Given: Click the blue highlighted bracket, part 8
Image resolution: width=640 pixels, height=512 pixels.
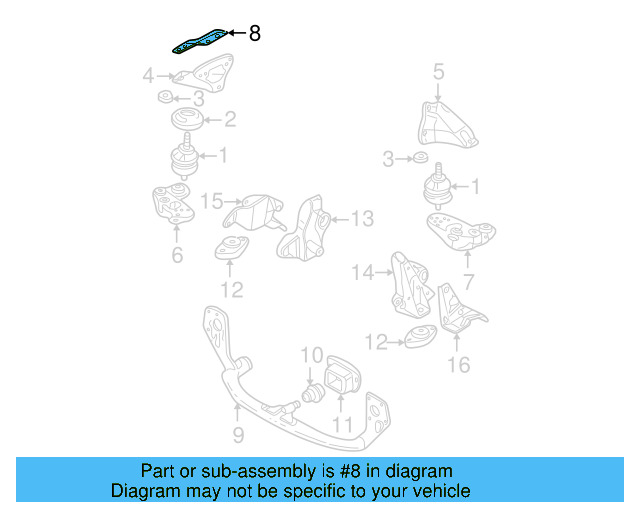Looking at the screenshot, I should point(197,41).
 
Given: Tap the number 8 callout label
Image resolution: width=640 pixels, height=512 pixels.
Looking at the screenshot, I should point(254,34).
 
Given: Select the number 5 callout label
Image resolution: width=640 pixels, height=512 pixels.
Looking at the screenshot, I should point(438,71).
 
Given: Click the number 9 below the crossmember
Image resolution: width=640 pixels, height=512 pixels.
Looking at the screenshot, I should point(238,435).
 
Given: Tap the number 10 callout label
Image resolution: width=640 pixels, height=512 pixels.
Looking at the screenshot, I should point(311,355).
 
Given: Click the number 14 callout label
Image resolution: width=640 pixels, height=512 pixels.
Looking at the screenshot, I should point(362,271).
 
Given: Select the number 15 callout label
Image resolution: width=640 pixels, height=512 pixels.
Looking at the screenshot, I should point(212,202).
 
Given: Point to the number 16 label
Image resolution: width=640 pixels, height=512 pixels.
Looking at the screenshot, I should point(458,364).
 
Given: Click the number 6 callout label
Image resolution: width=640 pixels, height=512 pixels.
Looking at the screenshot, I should point(177,256).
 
